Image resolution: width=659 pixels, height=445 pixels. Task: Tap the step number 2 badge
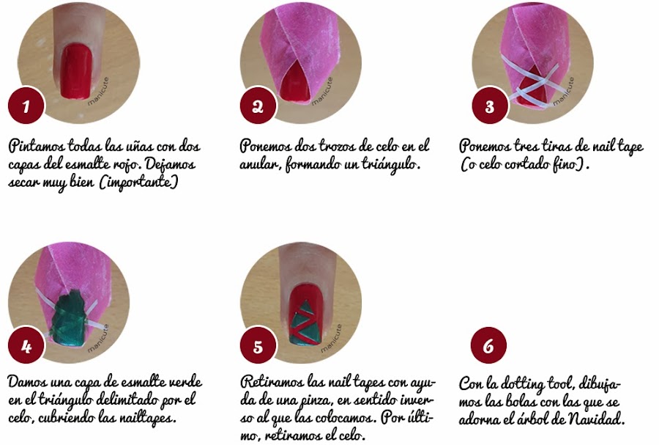(258, 106)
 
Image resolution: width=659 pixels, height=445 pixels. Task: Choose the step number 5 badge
(258, 345)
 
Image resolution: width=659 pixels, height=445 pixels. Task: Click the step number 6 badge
(488, 345)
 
